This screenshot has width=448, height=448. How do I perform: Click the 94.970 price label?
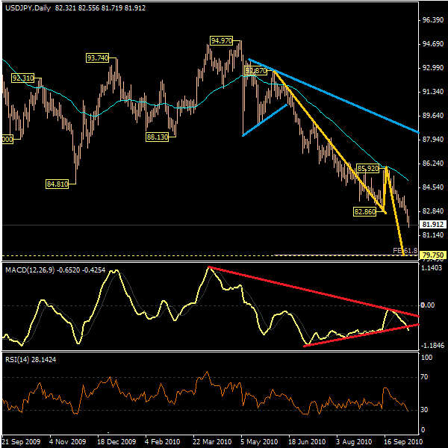[221, 40]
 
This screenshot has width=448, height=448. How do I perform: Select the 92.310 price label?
[23, 78]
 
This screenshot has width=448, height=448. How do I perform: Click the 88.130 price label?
[157, 137]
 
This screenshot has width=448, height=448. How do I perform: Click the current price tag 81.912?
[433, 225]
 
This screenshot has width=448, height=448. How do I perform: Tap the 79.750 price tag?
[433, 255]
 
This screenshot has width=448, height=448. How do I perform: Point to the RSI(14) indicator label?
[19, 360]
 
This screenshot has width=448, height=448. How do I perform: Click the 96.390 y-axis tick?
[433, 20]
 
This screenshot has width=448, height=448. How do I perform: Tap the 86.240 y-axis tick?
[433, 163]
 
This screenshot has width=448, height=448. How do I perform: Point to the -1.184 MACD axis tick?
[433, 346]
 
